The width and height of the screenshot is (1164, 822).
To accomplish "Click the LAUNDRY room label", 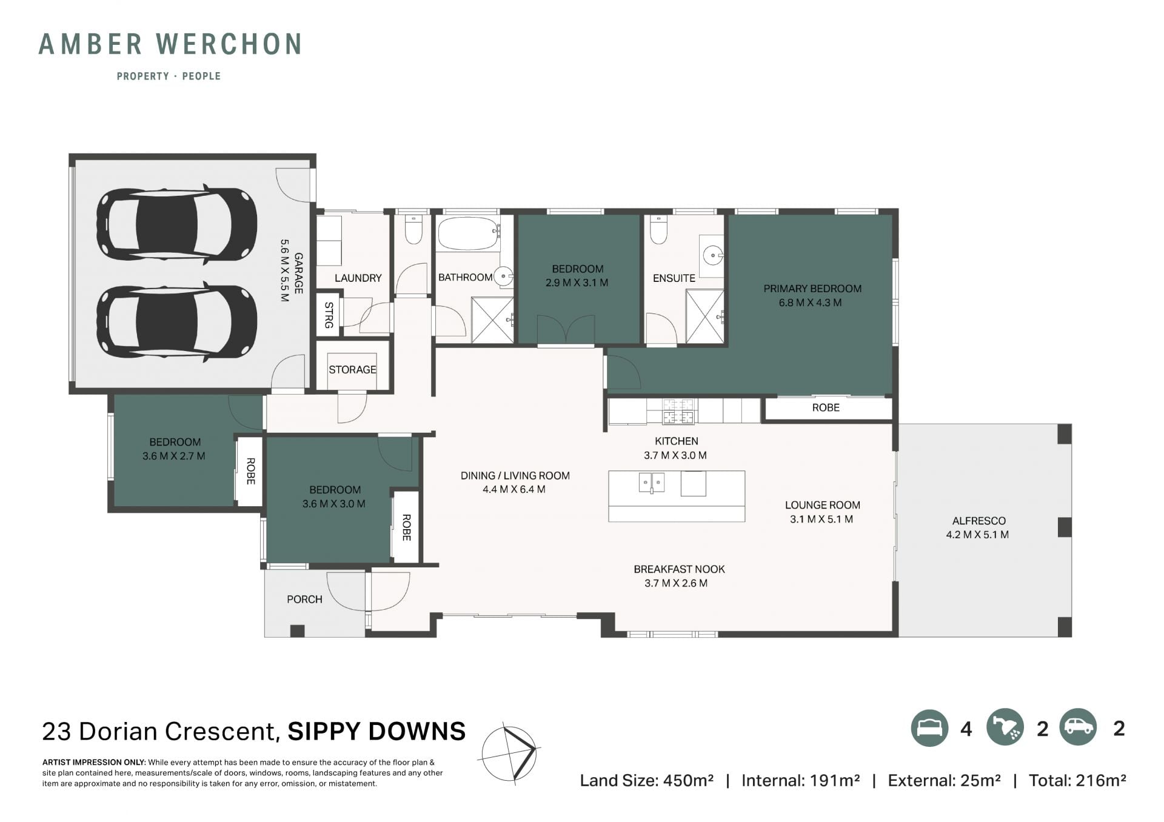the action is [x=358, y=278].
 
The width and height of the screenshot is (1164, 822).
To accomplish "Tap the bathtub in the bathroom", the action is [x=468, y=233].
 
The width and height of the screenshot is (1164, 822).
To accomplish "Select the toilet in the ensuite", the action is [x=659, y=229].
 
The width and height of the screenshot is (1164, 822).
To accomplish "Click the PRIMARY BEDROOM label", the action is [x=812, y=289].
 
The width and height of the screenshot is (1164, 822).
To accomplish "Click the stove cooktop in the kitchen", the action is [x=678, y=410].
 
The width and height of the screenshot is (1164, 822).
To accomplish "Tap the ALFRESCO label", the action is [x=978, y=521].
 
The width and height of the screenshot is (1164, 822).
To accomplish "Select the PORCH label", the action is [x=304, y=600].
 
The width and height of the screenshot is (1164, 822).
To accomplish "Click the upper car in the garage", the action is [x=176, y=224].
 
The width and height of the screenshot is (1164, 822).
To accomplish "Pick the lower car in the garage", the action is [x=176, y=321].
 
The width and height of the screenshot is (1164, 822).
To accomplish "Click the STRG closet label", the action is [x=329, y=315].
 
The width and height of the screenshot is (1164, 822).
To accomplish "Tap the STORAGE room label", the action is [x=352, y=370].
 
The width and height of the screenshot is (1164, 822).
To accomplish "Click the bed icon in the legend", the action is [x=929, y=727].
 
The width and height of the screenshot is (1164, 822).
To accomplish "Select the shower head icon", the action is [x=1005, y=727].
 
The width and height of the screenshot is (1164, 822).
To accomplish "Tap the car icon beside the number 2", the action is [x=1079, y=727].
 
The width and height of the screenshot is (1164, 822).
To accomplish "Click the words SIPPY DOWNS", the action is [x=376, y=732].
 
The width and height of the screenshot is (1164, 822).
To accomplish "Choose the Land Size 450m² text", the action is [x=646, y=781].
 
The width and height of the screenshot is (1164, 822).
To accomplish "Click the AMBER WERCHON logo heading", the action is [x=170, y=44].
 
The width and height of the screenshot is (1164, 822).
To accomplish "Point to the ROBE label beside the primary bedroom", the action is [x=826, y=408].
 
